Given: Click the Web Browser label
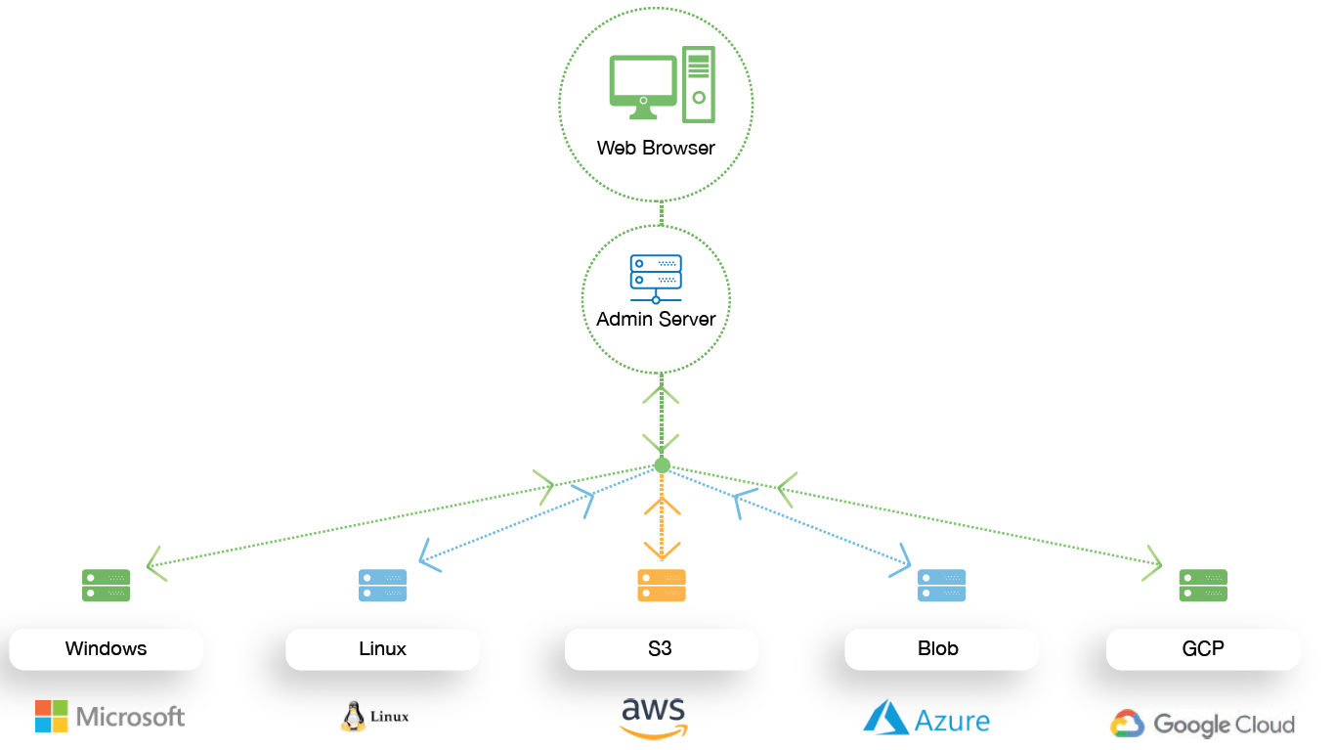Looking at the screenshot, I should tap(656, 149).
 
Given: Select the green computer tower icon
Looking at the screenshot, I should tap(698, 85).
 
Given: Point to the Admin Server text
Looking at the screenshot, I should tap(656, 319).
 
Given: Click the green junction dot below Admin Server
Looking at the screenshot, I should tap(662, 465).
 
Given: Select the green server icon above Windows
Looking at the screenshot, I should tap(106, 585).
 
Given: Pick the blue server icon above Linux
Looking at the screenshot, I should tap(382, 585).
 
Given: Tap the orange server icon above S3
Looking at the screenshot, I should tap(662, 585).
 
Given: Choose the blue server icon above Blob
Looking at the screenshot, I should tap(941, 585).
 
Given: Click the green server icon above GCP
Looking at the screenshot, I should tap(1203, 585).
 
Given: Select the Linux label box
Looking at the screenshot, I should tap(382, 648).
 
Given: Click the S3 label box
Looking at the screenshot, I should tap(662, 648).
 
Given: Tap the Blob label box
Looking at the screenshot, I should tap(941, 648).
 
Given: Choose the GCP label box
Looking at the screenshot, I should tap(1203, 648).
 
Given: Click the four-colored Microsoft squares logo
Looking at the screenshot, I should tap(52, 716).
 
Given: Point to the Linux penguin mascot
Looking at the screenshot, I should tap(353, 717).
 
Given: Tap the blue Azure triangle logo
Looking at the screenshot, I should tap(885, 717).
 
